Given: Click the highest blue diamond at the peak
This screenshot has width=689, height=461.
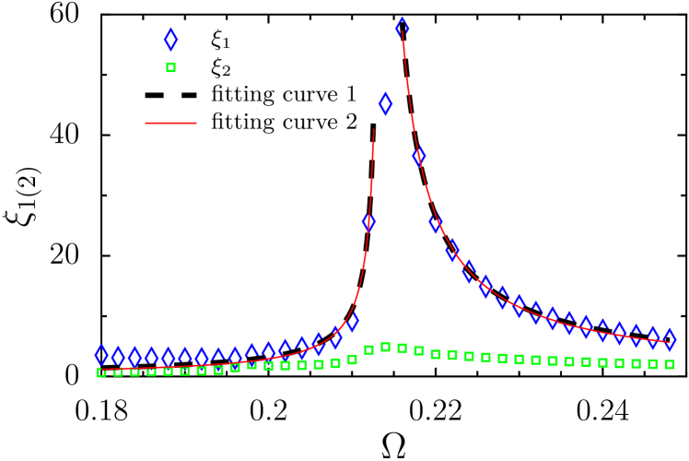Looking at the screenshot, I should (x=402, y=28).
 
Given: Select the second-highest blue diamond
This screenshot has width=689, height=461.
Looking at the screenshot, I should (x=385, y=103).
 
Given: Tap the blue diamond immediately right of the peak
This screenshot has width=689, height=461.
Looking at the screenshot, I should (x=419, y=156).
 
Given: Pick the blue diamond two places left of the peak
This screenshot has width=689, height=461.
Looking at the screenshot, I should (x=368, y=221).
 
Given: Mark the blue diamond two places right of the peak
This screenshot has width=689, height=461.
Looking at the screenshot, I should (x=436, y=222).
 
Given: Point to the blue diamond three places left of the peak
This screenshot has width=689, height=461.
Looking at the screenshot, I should (x=352, y=322).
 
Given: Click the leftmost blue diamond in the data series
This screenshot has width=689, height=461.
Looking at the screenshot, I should (x=101, y=355).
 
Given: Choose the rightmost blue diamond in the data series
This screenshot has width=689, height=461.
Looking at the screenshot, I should (x=669, y=339).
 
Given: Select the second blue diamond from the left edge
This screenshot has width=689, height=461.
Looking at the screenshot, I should (x=118, y=356).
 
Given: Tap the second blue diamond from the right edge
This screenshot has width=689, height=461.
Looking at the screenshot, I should (x=652, y=337).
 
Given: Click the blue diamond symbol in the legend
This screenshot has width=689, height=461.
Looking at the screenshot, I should (x=170, y=40).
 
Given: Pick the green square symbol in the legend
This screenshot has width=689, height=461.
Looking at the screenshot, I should (x=170, y=67).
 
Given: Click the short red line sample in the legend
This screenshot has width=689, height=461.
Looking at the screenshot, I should (x=170, y=123).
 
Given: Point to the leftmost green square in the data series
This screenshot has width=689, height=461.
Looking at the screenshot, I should (x=101, y=372).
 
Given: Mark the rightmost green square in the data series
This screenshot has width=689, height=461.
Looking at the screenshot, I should (x=669, y=364).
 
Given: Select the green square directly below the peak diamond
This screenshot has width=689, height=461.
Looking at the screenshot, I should (x=402, y=348).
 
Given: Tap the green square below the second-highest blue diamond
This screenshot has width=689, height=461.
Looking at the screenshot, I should (x=385, y=347).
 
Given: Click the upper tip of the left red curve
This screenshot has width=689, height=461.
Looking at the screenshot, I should (x=374, y=130).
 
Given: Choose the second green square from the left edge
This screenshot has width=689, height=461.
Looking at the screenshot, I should (x=118, y=372).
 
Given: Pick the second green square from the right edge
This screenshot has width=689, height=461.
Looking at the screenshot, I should (x=652, y=364).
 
